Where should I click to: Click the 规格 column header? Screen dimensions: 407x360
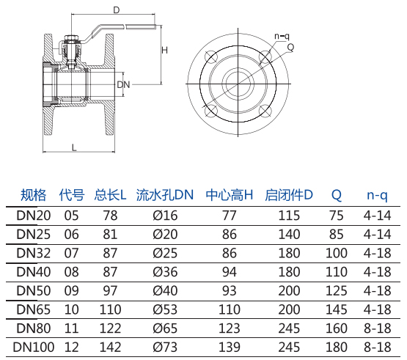pyautogui.click(x=33, y=195)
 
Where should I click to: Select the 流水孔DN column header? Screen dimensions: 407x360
pyautogui.click(x=165, y=195)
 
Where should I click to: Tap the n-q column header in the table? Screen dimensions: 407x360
pyautogui.click(x=377, y=195)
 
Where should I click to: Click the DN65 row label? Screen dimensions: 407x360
pyautogui.click(x=34, y=309)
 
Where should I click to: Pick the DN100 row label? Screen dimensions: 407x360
pyautogui.click(x=34, y=347)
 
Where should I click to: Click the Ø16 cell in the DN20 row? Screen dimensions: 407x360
pyautogui.click(x=165, y=216)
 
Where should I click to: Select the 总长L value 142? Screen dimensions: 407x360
pyautogui.click(x=110, y=347)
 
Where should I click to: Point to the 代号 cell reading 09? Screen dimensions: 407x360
pyautogui.click(x=71, y=290)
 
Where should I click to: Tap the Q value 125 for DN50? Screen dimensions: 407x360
pyautogui.click(x=337, y=290)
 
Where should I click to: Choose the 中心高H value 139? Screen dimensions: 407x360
pyautogui.click(x=230, y=347)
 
